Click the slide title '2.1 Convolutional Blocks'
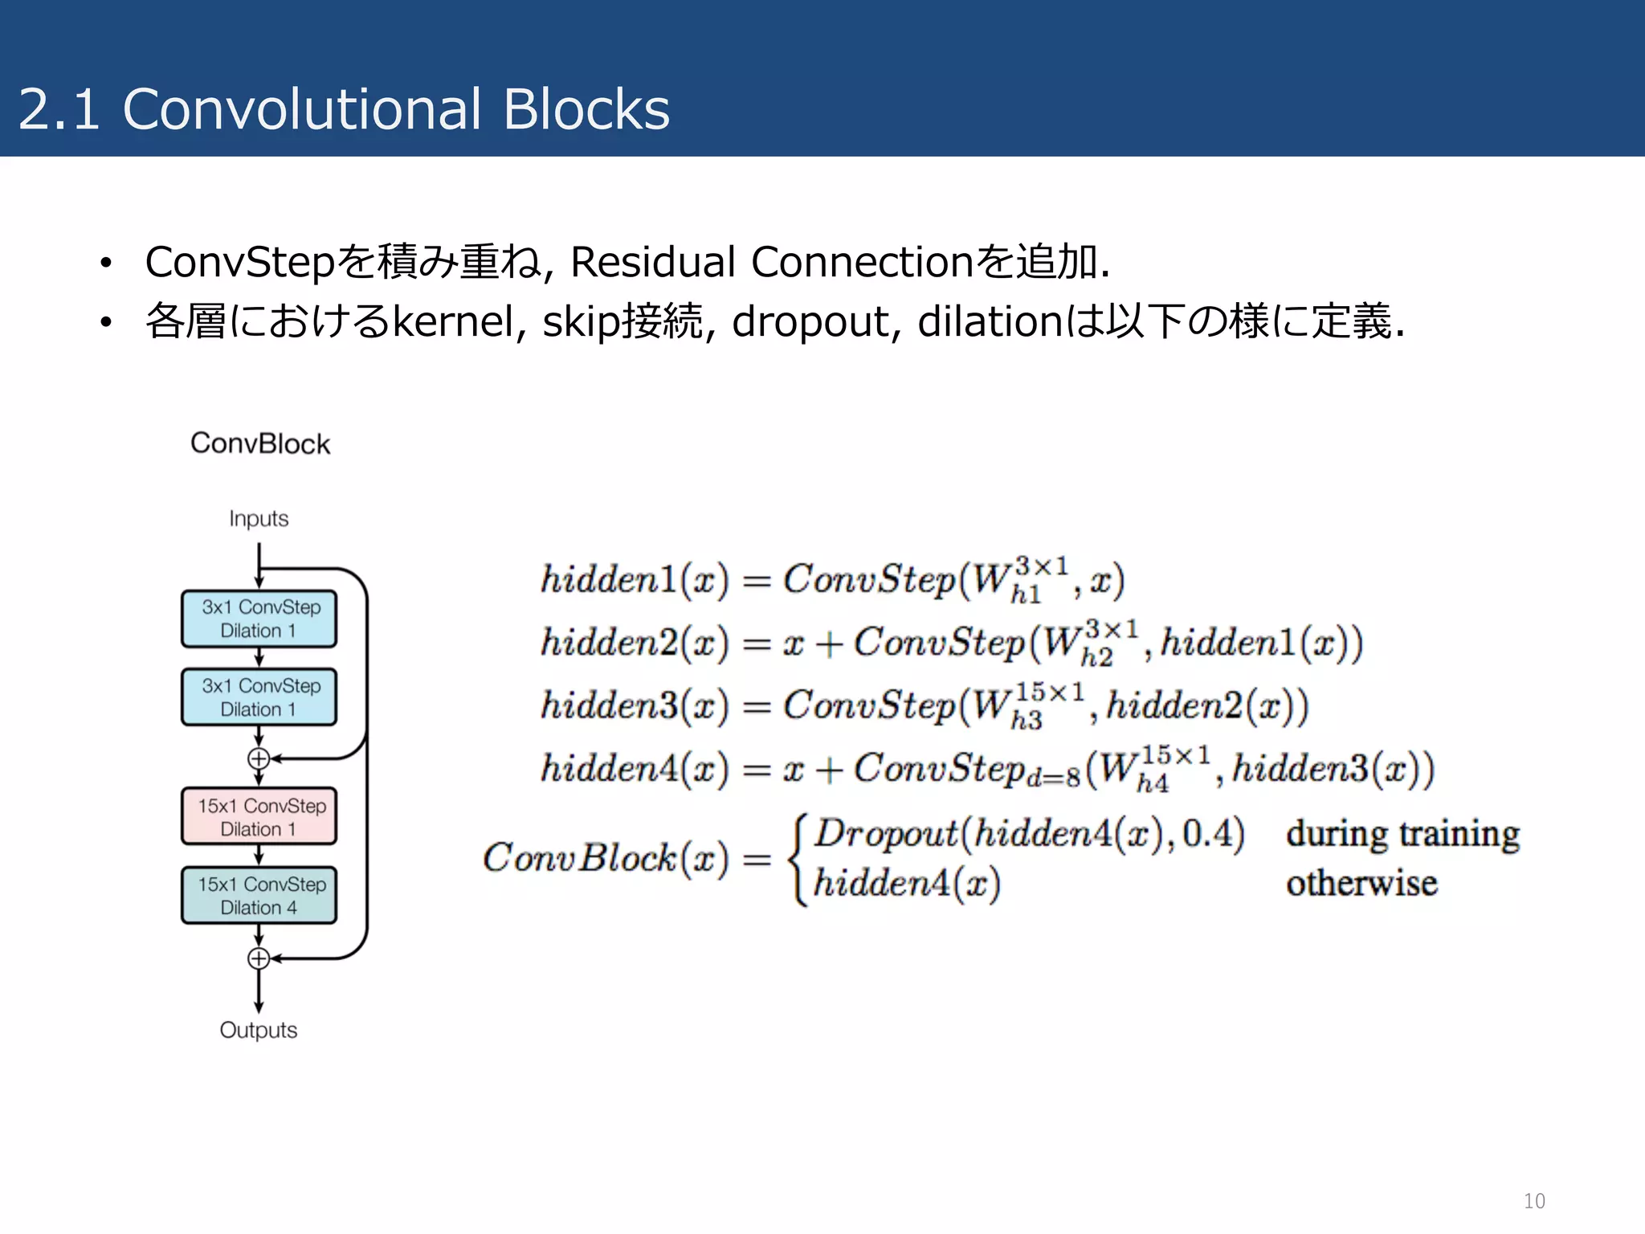344,109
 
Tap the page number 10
1533,1201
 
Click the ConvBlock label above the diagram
259,443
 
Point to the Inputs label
258,519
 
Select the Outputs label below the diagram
258,1030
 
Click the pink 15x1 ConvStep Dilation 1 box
259,817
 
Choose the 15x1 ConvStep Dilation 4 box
259,896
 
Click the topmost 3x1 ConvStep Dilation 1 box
259,619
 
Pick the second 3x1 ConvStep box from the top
259,697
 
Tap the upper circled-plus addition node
259,758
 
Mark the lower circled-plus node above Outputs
259,958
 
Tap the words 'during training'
1402,834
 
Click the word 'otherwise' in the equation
1361,884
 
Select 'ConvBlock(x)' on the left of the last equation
606,858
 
